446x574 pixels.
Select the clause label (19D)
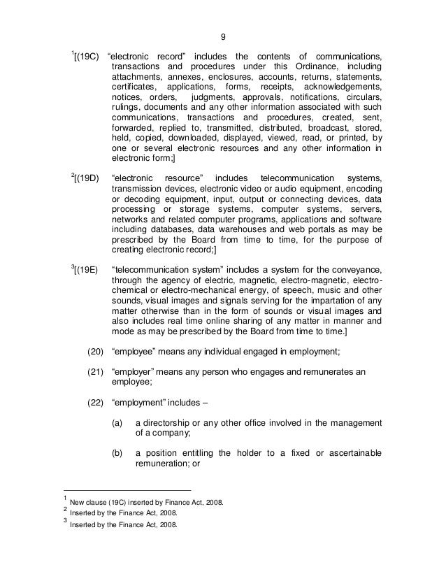(x=87, y=178)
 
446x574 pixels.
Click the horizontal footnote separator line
(x=126, y=489)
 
